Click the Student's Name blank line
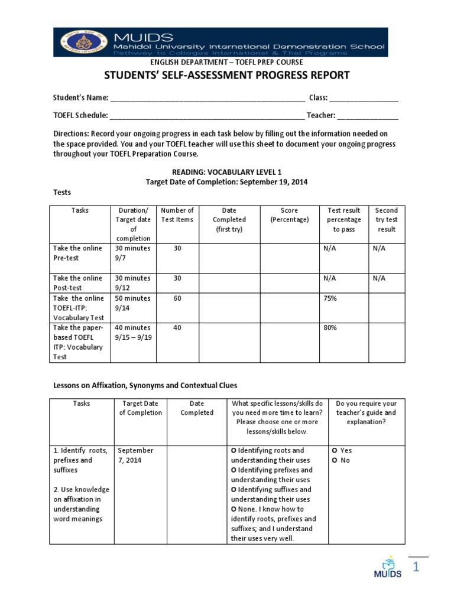[x=207, y=98]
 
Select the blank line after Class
[x=364, y=98]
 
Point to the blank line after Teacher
[x=368, y=116]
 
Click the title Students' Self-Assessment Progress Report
[x=227, y=76]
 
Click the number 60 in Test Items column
[x=177, y=298]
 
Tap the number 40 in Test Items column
[x=177, y=327]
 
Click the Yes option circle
[x=335, y=451]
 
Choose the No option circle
[x=335, y=460]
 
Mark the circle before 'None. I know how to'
[x=234, y=509]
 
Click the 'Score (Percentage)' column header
[x=290, y=215]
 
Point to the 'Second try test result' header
[x=386, y=220]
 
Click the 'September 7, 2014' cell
[x=135, y=456]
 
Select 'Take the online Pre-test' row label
[x=77, y=253]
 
